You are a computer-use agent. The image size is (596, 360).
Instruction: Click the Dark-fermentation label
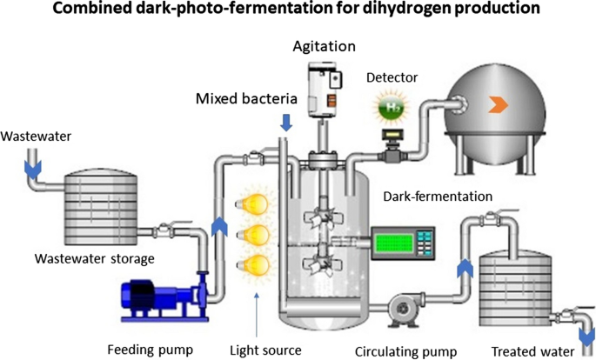click(x=438, y=197)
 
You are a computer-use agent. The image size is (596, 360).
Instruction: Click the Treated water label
click(x=533, y=351)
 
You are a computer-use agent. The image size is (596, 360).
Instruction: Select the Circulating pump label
click(x=406, y=351)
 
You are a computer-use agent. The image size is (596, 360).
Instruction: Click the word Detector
click(x=392, y=77)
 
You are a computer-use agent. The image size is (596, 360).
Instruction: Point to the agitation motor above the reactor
click(x=324, y=95)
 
